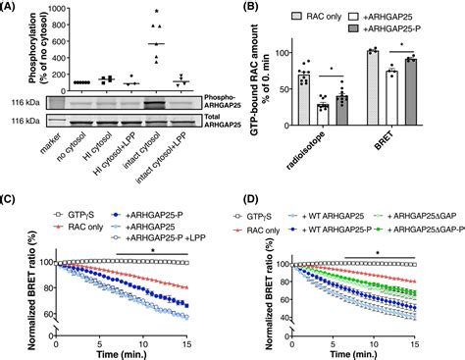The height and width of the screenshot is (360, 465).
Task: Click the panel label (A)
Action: coord(12,8)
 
